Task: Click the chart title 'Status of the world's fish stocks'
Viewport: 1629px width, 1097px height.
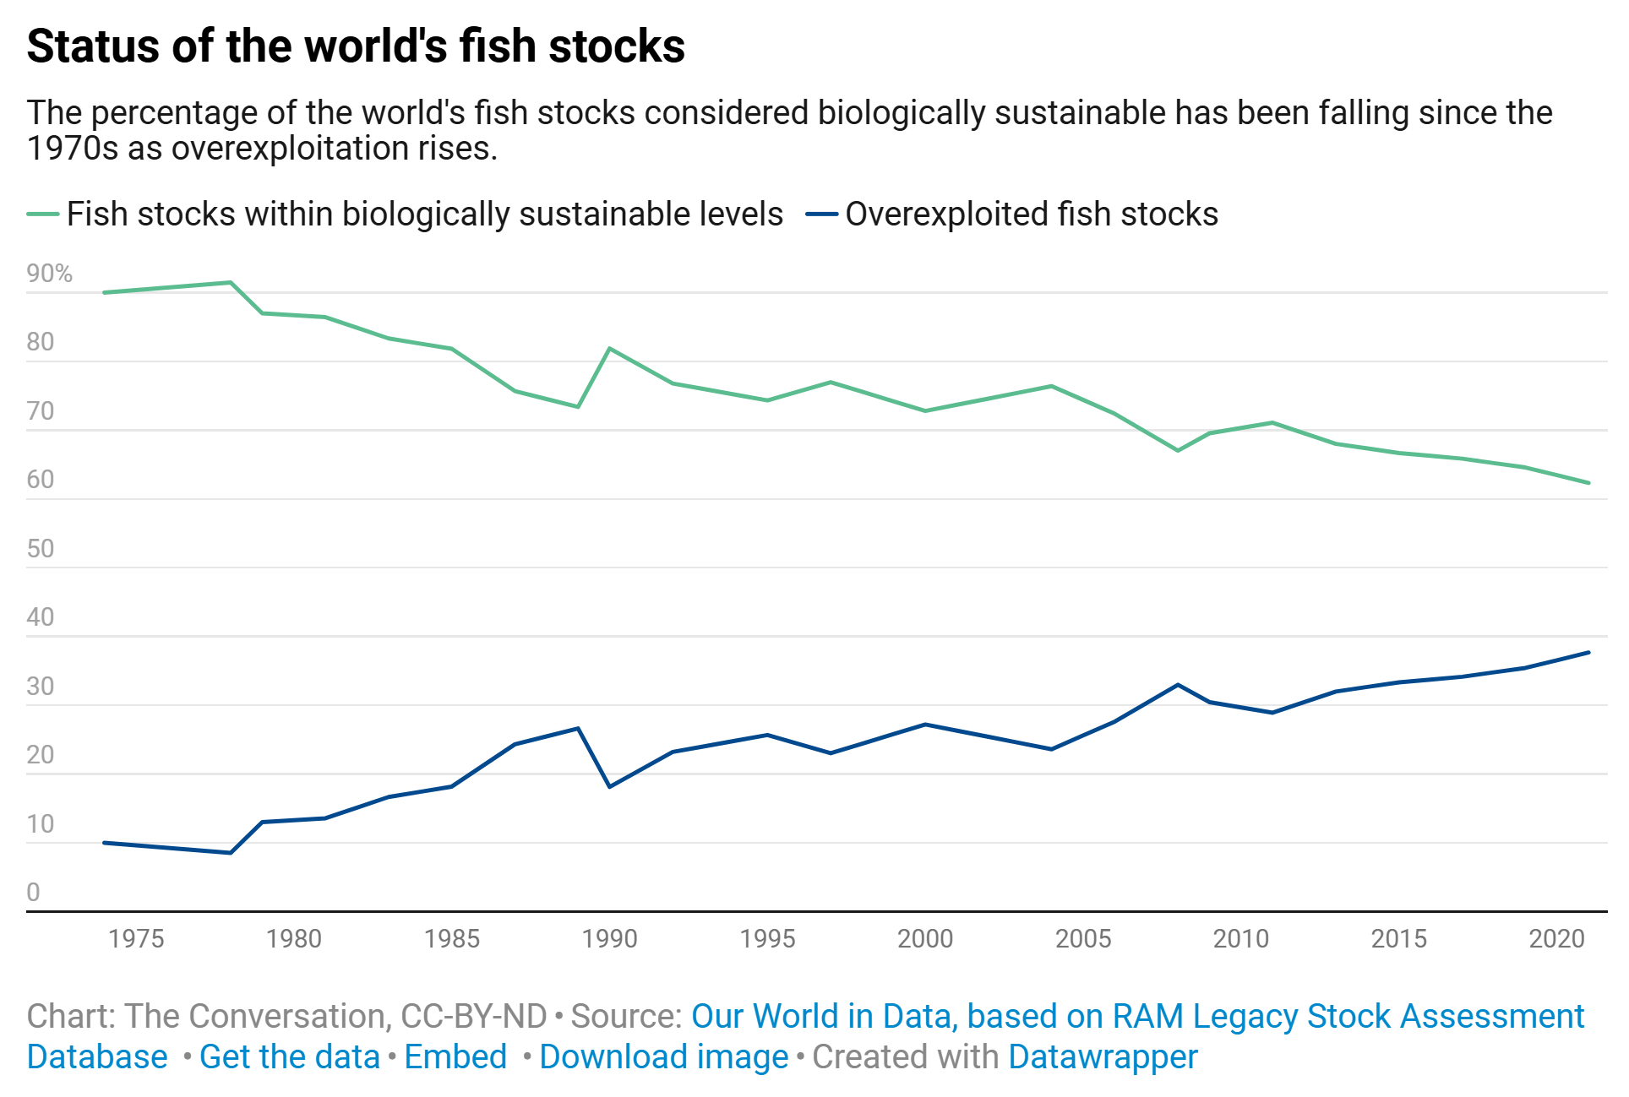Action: click(x=356, y=46)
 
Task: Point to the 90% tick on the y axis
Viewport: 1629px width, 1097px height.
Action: click(x=49, y=274)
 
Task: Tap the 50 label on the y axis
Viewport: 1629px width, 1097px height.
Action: click(x=41, y=549)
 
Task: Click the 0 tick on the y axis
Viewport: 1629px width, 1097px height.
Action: click(x=34, y=893)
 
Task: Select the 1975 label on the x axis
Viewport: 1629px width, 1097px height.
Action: click(x=136, y=939)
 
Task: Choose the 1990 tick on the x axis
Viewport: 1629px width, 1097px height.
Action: click(x=609, y=939)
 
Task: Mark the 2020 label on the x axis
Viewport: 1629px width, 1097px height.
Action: click(x=1556, y=939)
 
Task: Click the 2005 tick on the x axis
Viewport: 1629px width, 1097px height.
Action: click(x=1083, y=939)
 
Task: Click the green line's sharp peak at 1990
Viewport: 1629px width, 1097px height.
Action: click(x=609, y=349)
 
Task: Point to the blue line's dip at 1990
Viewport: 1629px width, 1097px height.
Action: click(x=609, y=786)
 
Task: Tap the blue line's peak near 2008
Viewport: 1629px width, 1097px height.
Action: click(x=1178, y=685)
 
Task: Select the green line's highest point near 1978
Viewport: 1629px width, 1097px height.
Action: click(x=231, y=282)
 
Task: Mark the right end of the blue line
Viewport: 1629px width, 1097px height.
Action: click(x=1588, y=653)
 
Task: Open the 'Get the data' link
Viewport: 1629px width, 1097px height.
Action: click(x=289, y=1057)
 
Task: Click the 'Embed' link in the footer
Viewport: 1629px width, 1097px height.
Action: click(x=455, y=1057)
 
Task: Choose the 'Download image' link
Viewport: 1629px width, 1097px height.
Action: click(x=663, y=1057)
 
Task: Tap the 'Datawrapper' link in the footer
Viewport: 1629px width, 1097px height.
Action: click(x=1103, y=1057)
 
